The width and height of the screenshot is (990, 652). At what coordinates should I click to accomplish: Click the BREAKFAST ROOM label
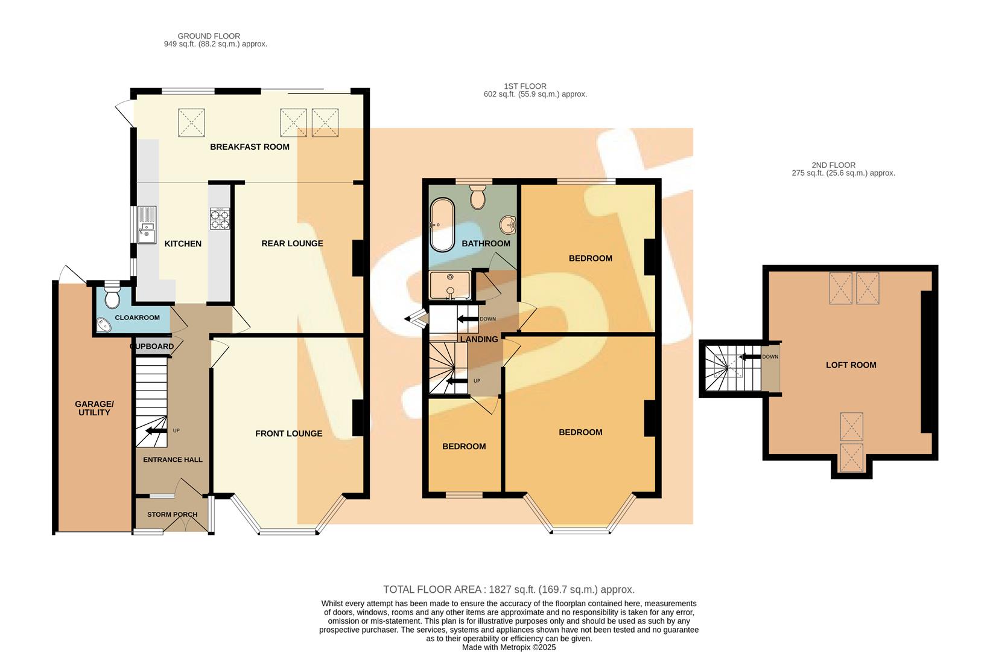tap(249, 147)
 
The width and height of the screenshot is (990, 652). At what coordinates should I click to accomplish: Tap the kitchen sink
tap(147, 225)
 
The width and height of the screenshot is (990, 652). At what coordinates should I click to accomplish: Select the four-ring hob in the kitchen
tap(220, 218)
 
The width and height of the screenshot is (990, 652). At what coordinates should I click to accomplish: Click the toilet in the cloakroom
tap(112, 296)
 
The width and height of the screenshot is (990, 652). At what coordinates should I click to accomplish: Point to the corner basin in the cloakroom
tap(104, 325)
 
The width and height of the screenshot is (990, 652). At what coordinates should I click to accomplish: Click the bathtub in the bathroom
tap(442, 224)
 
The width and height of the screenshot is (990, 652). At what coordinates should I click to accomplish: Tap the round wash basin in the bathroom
tap(508, 225)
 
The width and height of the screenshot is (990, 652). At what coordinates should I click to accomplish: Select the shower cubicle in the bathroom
tap(449, 286)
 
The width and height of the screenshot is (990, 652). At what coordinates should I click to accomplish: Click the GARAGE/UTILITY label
tap(94, 408)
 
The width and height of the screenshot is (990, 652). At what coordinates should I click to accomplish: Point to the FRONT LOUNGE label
tap(288, 433)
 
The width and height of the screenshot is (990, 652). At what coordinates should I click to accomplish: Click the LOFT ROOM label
tap(851, 365)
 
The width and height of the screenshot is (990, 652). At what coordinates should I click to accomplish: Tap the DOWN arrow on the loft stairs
tap(750, 357)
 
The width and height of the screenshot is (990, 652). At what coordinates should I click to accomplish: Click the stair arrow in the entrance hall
tap(153, 430)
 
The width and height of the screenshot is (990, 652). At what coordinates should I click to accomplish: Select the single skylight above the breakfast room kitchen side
tap(191, 123)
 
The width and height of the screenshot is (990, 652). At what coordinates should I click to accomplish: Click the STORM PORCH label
tap(172, 514)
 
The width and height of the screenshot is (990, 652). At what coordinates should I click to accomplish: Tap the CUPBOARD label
tap(151, 347)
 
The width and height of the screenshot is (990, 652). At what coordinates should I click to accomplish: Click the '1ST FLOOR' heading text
tap(525, 86)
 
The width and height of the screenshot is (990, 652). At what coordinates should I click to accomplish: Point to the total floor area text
tap(509, 589)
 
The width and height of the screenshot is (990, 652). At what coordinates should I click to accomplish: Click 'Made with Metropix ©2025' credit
tap(509, 647)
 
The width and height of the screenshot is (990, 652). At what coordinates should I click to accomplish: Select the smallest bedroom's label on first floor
tap(464, 446)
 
